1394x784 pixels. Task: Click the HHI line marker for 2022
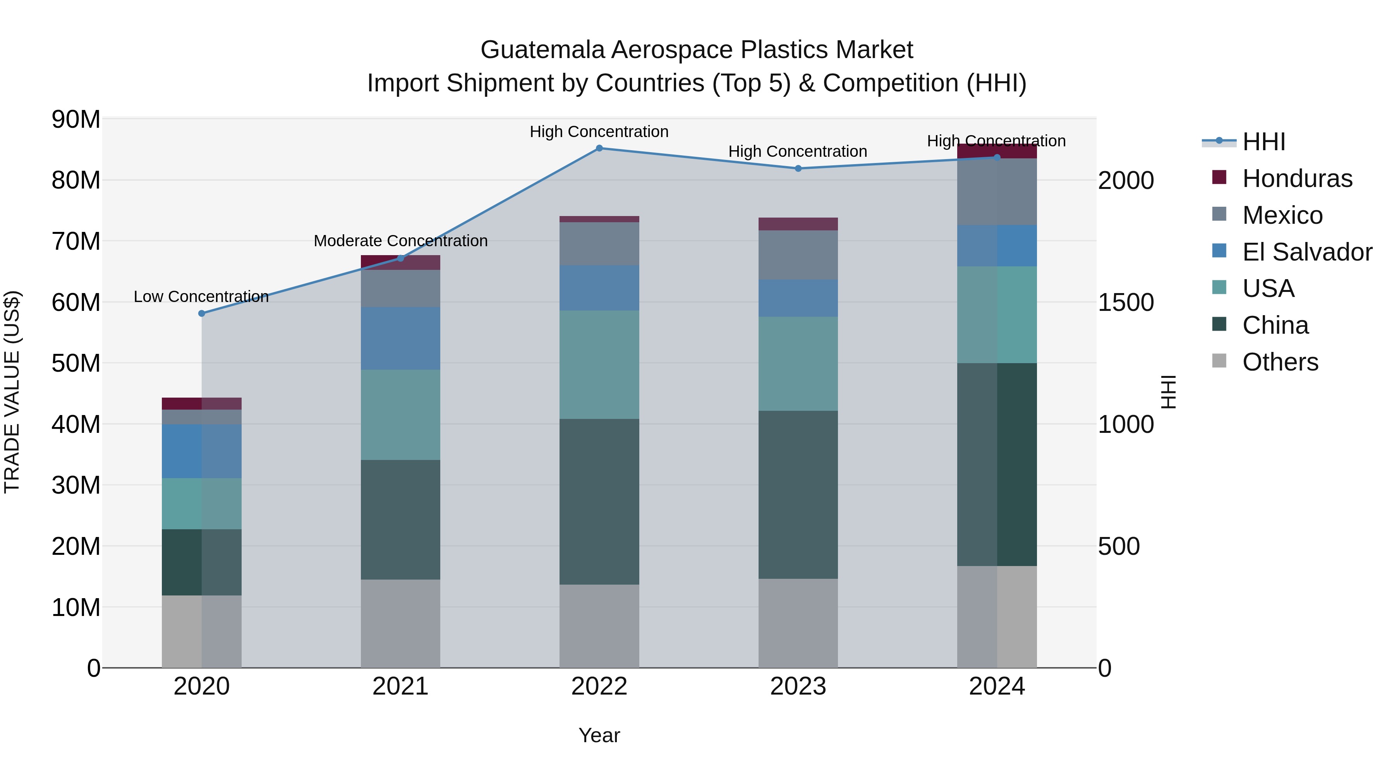599,148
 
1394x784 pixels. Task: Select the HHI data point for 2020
202,313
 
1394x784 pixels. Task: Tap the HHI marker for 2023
798,168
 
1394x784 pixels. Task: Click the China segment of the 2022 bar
599,501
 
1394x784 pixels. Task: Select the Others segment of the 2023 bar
798,623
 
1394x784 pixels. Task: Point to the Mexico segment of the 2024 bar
997,192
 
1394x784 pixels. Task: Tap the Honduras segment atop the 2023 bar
798,224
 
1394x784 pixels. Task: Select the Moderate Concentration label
400,241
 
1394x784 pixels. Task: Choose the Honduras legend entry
1297,178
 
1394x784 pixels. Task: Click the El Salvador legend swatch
1219,251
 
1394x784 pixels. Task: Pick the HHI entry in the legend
1264,142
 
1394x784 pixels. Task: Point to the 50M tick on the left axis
76,363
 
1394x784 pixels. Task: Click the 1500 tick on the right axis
1126,302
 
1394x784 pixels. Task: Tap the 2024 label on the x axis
997,686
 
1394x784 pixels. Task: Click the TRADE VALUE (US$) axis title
12,392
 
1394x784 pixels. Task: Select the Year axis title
599,735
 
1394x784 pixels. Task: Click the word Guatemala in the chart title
542,50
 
